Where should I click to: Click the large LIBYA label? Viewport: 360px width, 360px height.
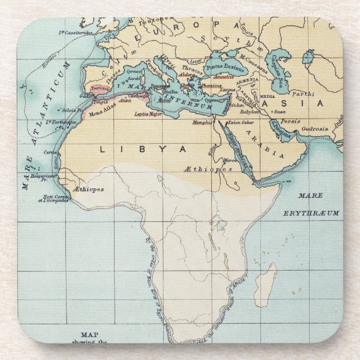[143, 149]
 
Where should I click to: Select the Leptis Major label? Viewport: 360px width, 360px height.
[148, 113]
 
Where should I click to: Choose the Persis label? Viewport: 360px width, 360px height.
[290, 121]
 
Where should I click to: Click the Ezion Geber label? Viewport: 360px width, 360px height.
[241, 121]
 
